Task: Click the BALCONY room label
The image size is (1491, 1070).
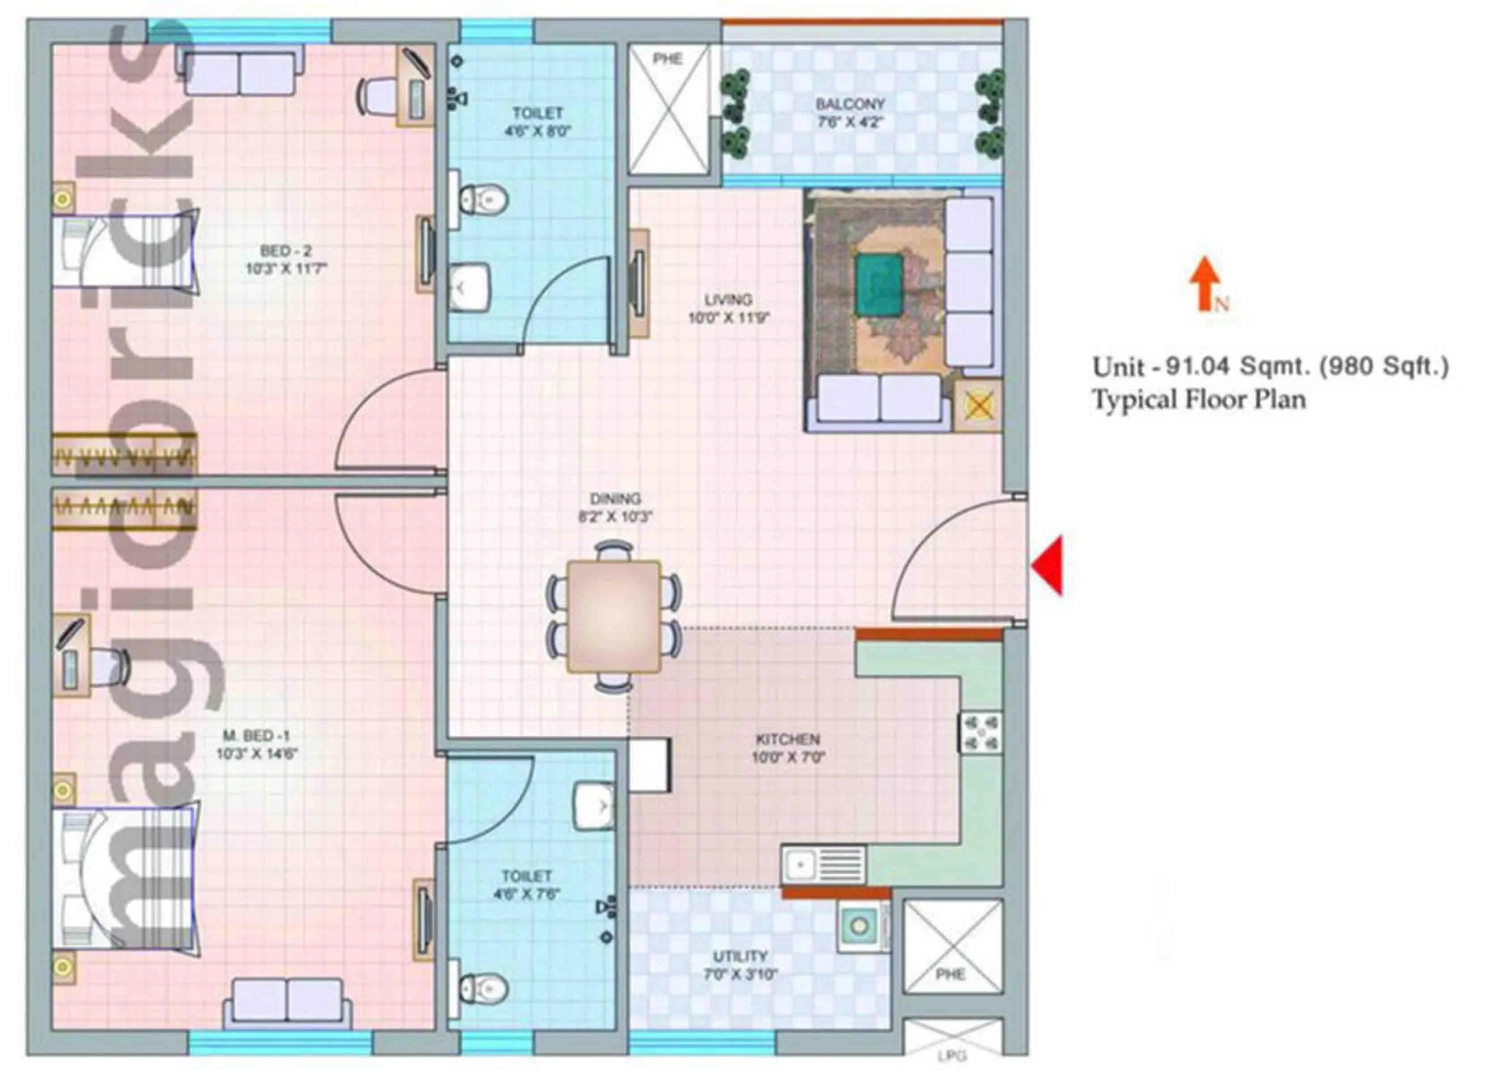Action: [x=850, y=104]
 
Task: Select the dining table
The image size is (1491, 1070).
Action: [x=613, y=616]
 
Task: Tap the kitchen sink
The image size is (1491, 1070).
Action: [x=822, y=864]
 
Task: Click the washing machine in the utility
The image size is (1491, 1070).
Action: [x=860, y=926]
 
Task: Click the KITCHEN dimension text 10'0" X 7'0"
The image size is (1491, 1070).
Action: [x=788, y=758]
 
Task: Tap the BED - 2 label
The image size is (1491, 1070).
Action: [x=286, y=251]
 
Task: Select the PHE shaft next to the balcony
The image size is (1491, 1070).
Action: [x=669, y=108]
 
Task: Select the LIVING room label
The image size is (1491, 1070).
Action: [x=728, y=300]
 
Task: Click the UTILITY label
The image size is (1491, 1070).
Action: [x=740, y=955]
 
